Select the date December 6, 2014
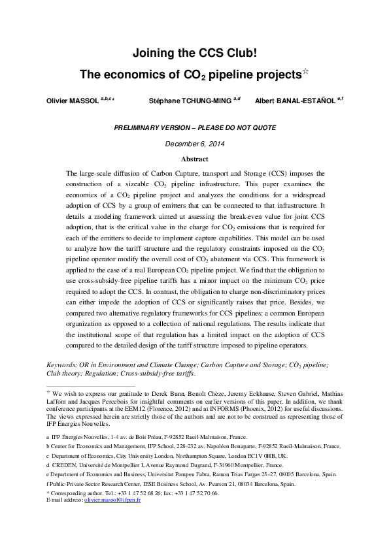[x=194, y=144]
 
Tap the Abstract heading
[x=194, y=159]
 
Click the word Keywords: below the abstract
[x=65, y=365]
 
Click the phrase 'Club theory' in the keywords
[x=65, y=374]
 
